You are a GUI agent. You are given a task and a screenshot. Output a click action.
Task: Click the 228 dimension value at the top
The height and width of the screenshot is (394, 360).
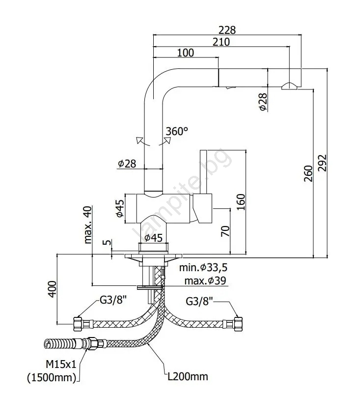pos(227,30)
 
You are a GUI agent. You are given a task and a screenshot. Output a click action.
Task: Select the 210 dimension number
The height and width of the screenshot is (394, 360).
pos(222,42)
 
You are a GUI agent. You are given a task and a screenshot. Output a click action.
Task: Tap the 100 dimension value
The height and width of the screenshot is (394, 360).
pos(186,53)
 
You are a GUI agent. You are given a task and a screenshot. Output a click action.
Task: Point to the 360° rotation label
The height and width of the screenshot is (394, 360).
pos(177,131)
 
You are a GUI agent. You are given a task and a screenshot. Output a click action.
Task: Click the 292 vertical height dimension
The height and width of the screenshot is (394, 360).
pos(322,163)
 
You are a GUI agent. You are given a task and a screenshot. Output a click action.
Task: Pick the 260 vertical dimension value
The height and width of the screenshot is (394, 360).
pos(308,173)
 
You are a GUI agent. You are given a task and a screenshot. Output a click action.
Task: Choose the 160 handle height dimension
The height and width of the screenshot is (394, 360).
pos(241,202)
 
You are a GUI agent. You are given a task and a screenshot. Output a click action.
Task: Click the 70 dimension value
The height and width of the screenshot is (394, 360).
pos(225,231)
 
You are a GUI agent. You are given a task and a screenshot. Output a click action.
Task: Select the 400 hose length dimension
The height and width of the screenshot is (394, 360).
pos(52,289)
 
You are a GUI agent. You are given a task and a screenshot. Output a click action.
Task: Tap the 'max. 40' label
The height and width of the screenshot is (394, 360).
pos(88,225)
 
